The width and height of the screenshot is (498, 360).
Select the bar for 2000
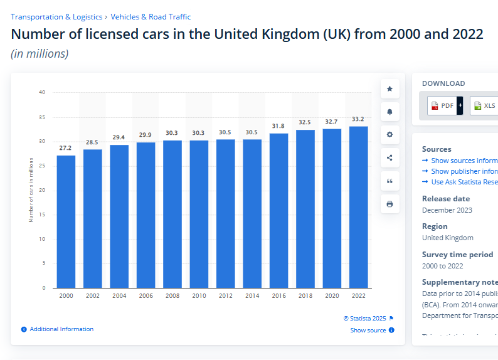pyautogui.click(x=66, y=221)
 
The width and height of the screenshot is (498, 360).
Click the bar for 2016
pyautogui.click(x=278, y=210)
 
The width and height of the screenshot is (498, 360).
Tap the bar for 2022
pyautogui.click(x=358, y=207)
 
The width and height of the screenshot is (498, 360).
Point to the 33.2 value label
pyautogui.click(x=358, y=119)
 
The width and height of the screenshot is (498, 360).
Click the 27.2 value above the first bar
pyautogui.click(x=65, y=148)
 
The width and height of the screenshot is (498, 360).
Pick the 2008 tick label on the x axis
pyautogui.click(x=172, y=295)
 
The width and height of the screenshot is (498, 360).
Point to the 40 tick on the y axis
pyautogui.click(x=42, y=93)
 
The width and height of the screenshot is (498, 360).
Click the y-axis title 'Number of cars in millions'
pyautogui.click(x=31, y=190)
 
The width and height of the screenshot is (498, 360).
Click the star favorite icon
pyautogui.click(x=389, y=89)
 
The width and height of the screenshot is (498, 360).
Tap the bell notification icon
pyautogui.click(x=389, y=112)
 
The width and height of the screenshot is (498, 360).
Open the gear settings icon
pyautogui.click(x=389, y=135)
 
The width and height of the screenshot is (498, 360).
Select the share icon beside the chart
pyautogui.click(x=389, y=157)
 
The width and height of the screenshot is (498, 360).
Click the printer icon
pyautogui.click(x=389, y=204)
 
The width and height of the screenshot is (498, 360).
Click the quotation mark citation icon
pyautogui.click(x=389, y=181)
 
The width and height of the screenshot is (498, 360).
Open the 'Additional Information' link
pyautogui.click(x=61, y=329)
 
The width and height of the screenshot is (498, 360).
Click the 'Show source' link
pyautogui.click(x=368, y=331)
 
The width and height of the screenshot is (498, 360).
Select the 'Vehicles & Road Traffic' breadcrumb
pyautogui.click(x=151, y=17)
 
